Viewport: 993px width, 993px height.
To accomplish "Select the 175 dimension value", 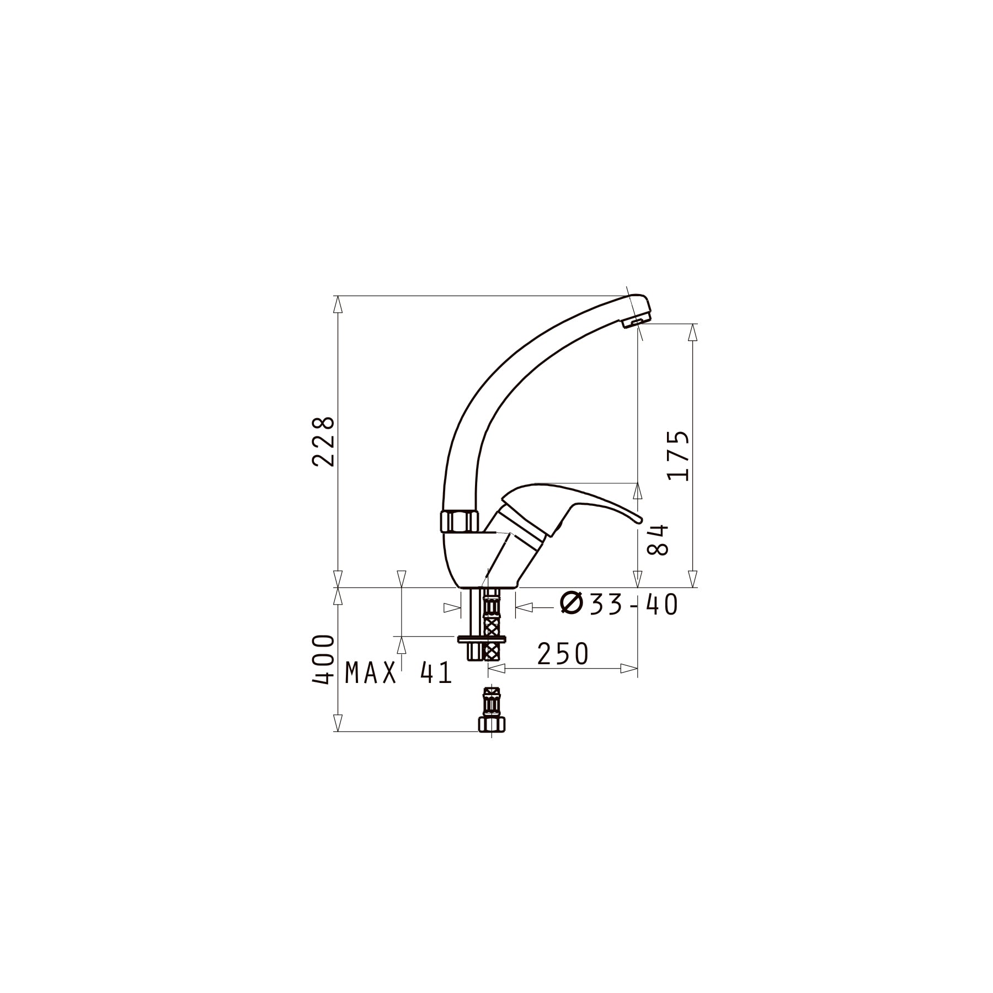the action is [x=678, y=456].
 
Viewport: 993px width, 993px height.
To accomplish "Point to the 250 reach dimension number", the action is [x=563, y=654].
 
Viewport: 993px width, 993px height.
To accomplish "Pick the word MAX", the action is [x=371, y=673].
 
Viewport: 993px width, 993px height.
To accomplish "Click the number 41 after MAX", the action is [x=436, y=673].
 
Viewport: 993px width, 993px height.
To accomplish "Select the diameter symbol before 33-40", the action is [x=572, y=604].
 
